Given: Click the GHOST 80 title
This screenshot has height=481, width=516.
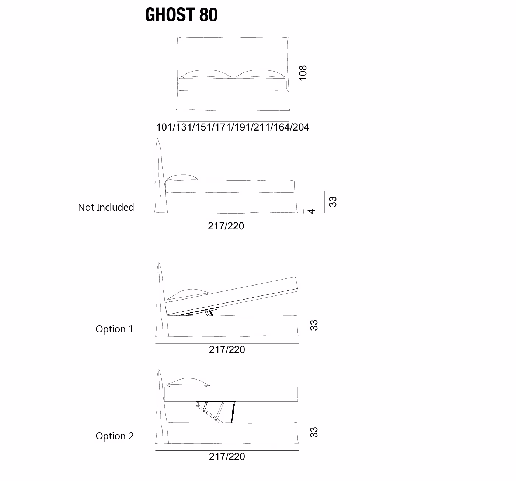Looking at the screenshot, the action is click(x=181, y=14).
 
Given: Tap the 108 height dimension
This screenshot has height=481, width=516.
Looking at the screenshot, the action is click(x=303, y=73).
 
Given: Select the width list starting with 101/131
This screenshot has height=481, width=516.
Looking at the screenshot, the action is click(x=233, y=127).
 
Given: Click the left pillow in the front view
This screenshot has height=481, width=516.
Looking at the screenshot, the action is click(x=206, y=74).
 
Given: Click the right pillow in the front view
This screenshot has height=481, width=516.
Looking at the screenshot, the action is click(x=260, y=74).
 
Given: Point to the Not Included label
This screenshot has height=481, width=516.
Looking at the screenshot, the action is click(x=106, y=207).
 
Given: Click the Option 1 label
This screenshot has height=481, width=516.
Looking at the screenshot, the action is click(x=114, y=329).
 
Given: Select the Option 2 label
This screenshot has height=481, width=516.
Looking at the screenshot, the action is click(x=114, y=436).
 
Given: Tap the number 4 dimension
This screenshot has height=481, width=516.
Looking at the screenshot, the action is click(x=311, y=211).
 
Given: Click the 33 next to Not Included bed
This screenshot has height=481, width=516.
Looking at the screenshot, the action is click(x=332, y=202).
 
